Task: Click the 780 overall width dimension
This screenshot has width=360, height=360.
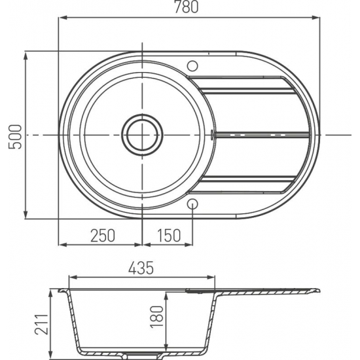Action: pos(186,7)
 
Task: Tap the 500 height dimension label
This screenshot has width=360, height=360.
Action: pos(14,137)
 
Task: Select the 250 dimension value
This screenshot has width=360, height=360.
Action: pos(102,236)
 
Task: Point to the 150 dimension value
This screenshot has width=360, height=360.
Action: pos(170,236)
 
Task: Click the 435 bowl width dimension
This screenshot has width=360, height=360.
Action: pos(141,268)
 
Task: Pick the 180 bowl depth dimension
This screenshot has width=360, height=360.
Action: pos(157,317)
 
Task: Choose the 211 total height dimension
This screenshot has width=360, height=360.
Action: pos(42,324)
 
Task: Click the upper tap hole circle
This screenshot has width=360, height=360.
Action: pos(192,66)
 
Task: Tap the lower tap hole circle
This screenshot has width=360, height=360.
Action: pos(192,204)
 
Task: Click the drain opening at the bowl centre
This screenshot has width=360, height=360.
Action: pos(142,135)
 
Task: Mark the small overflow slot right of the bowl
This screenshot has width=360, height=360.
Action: pos(212,135)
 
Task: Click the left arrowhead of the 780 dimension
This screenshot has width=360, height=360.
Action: pos(63,18)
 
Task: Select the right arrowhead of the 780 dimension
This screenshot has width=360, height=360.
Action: pos(315,18)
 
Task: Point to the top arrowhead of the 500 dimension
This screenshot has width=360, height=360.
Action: pos(26,56)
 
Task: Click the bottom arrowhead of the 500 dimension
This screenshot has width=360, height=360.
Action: pos(26,215)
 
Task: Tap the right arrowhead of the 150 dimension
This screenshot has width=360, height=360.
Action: pos(189,245)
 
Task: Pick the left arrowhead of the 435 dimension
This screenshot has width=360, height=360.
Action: pos(73,278)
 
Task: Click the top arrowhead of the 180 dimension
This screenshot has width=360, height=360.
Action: pos(166,297)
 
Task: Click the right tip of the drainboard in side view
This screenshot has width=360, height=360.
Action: pos(320,290)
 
